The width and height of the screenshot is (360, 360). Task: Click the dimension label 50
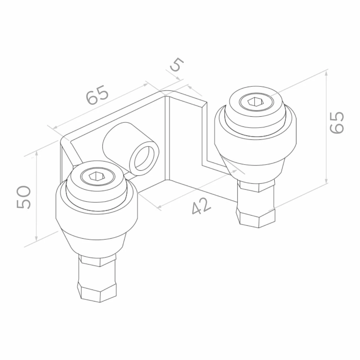[23, 197]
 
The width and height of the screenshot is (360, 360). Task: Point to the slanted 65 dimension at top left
[97, 95]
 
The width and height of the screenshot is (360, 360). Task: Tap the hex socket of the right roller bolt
[255, 102]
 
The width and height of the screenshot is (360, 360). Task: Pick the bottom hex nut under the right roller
[255, 217]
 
